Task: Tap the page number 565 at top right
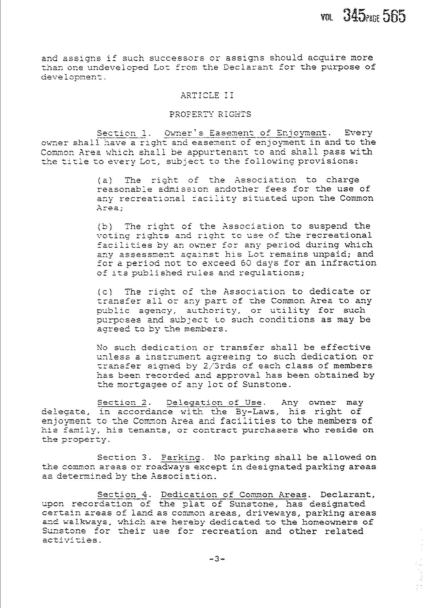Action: [x=394, y=16]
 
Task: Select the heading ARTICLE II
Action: [x=207, y=95]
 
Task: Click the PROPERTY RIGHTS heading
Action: [x=210, y=114]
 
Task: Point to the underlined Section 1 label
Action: [x=121, y=133]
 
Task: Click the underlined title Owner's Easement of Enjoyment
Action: [x=245, y=133]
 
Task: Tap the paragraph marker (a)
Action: [x=103, y=180]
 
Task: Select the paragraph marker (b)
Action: [x=103, y=226]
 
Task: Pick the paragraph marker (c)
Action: [x=103, y=292]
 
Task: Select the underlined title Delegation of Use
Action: [x=214, y=403]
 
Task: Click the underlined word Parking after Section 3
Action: [x=181, y=458]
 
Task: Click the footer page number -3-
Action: [x=217, y=559]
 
